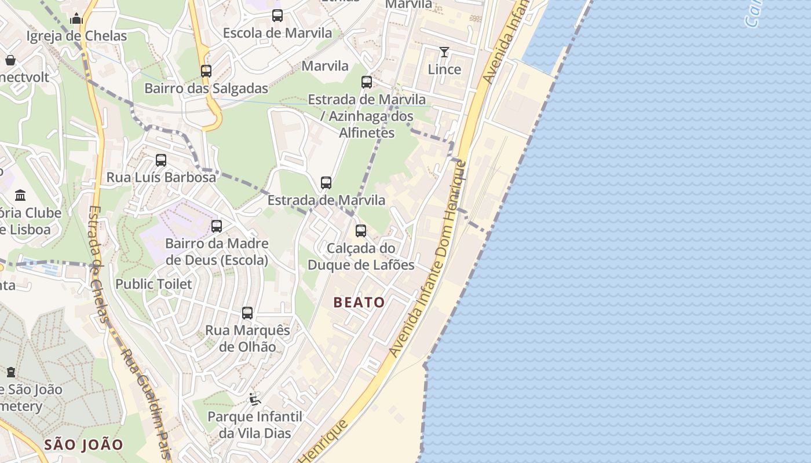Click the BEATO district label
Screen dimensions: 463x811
(x=359, y=302)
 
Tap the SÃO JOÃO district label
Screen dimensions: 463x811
(x=84, y=444)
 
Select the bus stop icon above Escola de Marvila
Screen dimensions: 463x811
(x=277, y=16)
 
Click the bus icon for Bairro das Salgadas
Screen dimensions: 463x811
(x=206, y=71)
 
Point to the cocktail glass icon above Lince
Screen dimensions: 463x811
(x=444, y=52)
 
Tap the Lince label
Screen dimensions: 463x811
(x=444, y=69)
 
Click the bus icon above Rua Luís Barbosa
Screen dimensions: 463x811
(x=161, y=160)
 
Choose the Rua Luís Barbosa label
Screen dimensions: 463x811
(x=161, y=177)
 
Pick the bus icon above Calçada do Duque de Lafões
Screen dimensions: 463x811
(x=361, y=231)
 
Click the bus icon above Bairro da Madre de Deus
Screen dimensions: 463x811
(x=217, y=226)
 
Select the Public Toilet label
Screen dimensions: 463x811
(x=154, y=284)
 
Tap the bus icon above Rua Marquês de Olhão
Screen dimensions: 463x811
(x=247, y=313)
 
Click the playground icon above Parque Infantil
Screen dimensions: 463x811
(x=254, y=399)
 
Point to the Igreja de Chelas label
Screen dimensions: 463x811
(x=76, y=36)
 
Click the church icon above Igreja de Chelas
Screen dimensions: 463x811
(x=76, y=19)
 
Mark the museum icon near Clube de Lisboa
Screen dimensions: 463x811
(x=20, y=195)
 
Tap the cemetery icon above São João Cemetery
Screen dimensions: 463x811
(x=10, y=372)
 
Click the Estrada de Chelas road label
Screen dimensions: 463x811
(x=99, y=263)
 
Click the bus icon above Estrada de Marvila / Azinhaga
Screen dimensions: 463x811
(x=367, y=82)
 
